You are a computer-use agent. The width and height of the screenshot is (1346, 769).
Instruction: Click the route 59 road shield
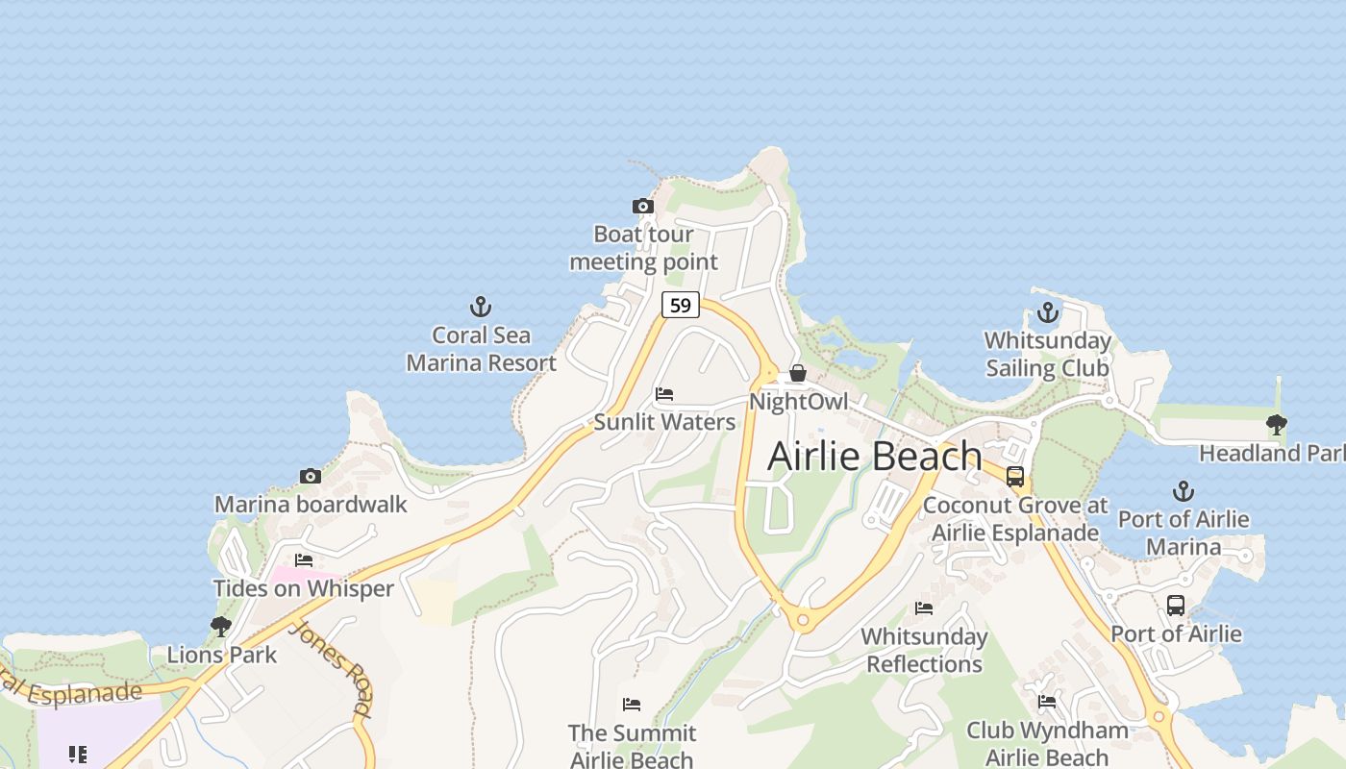(680, 306)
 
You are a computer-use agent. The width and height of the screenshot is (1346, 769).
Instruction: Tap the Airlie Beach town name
(875, 456)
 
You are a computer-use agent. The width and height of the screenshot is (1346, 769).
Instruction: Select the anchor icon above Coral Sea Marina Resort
(481, 307)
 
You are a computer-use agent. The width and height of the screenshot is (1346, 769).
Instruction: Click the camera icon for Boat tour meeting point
(643, 206)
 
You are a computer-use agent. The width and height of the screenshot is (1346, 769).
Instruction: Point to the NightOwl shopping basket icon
(797, 373)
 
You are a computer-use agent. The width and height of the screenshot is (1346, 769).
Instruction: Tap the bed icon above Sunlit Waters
(664, 394)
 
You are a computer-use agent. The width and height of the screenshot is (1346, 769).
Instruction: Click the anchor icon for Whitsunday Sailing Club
(1047, 312)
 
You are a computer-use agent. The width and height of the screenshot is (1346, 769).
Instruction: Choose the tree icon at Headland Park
(1277, 424)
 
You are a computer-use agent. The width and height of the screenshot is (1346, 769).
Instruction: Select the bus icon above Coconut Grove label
(1015, 477)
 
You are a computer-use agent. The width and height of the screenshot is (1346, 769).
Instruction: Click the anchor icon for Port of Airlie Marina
(1184, 491)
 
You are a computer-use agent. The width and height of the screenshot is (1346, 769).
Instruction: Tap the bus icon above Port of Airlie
(1176, 606)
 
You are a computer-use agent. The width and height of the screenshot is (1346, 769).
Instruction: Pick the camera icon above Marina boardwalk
(310, 476)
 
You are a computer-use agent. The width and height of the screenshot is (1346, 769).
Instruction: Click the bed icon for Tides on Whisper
(304, 560)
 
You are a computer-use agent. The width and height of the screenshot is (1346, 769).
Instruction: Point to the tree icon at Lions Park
(221, 627)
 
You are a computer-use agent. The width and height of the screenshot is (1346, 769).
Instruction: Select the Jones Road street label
(331, 668)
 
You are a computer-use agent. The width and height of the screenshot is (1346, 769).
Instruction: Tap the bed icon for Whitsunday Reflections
(924, 608)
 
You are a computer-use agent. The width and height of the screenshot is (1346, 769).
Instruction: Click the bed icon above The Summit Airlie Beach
(632, 705)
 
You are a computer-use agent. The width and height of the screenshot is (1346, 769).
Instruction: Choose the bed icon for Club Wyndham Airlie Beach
(1047, 702)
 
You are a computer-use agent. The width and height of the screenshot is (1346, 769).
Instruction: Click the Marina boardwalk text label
(311, 504)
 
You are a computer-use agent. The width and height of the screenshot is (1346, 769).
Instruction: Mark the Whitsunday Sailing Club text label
(1047, 354)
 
